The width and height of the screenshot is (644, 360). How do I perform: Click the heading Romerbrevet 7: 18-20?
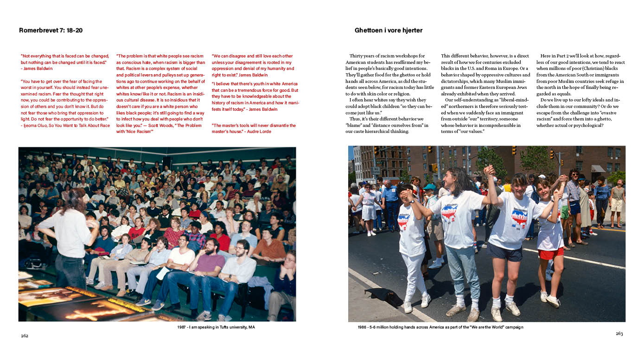point(51,31)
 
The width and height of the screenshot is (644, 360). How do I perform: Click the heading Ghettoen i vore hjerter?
point(389,31)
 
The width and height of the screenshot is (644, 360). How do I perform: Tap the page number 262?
point(25,335)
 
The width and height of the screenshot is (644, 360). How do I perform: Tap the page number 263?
point(619,334)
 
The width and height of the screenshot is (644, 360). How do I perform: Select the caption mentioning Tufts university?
point(216,327)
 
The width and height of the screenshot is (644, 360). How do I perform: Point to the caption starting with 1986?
point(440,327)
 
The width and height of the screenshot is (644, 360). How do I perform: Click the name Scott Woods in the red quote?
point(156,126)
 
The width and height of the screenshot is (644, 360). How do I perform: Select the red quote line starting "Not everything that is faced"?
point(64,56)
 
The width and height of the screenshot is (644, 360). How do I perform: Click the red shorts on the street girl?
point(551,254)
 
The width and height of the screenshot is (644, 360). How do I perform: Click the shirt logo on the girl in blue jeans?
point(449,213)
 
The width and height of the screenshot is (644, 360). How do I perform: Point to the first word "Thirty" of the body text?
point(357,56)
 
